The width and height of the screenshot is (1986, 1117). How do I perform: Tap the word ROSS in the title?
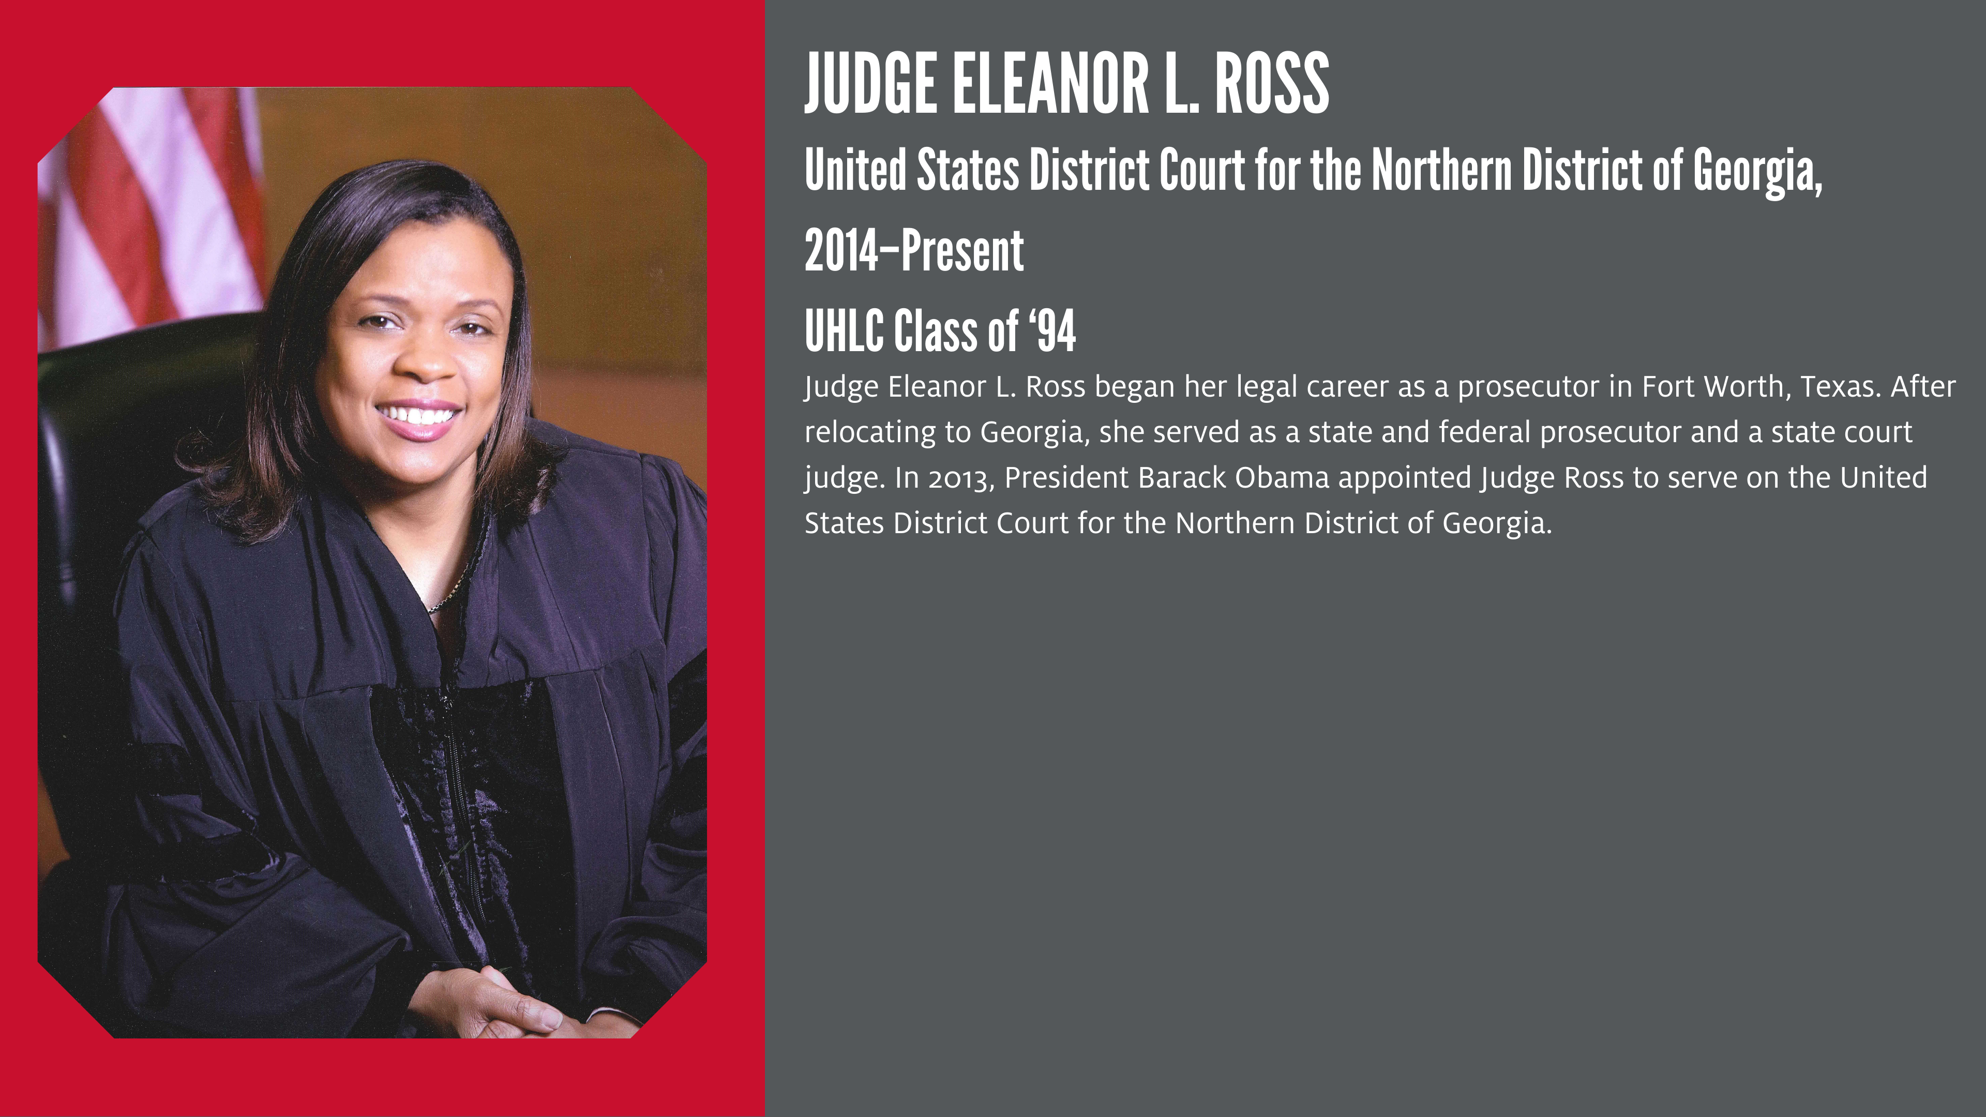click(1272, 83)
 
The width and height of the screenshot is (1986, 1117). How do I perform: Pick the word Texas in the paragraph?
click(1840, 387)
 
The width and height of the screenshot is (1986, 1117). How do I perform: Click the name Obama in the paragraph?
click(1282, 478)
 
